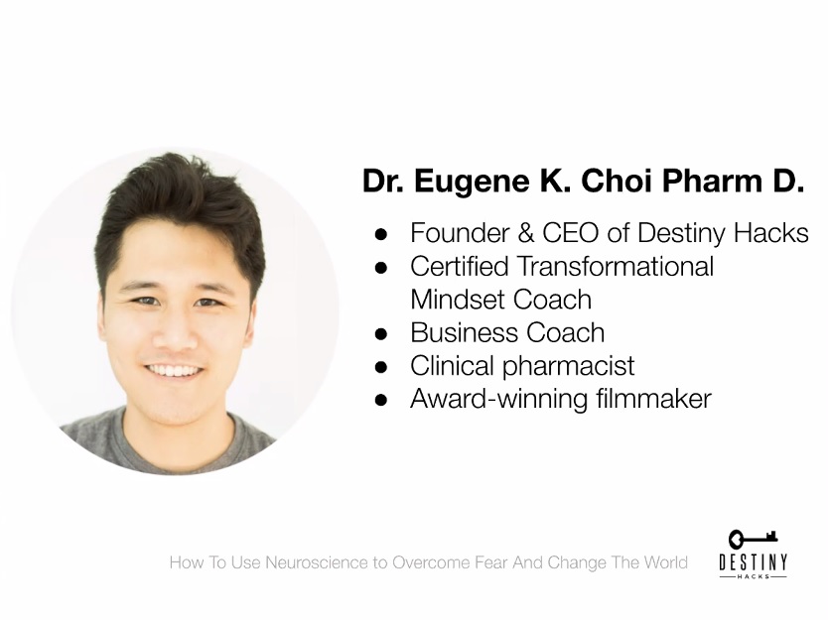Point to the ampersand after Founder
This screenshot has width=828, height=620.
tap(526, 233)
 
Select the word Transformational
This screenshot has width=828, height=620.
tap(616, 267)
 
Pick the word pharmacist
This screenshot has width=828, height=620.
tap(568, 367)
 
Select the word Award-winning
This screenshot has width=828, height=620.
tap(499, 400)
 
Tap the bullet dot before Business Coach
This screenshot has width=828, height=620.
tap(380, 334)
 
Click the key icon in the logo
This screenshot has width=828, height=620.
tap(753, 539)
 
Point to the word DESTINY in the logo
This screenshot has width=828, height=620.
tap(753, 562)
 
